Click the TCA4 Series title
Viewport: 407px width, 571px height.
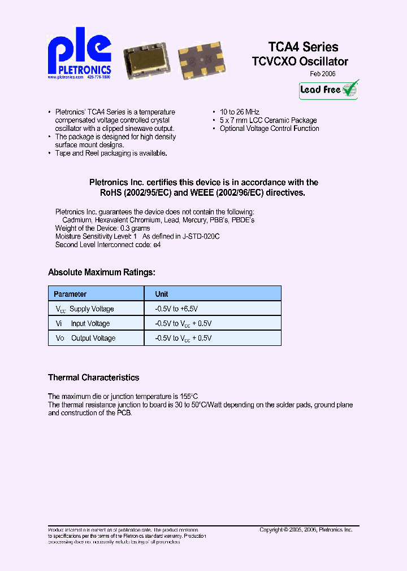[303, 47]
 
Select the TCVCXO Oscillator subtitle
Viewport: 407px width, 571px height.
[300, 62]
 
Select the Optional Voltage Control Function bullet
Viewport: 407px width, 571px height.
[269, 129]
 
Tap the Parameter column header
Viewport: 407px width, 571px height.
[70, 294]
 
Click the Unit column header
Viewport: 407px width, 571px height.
[162, 294]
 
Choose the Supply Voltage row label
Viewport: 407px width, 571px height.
[91, 309]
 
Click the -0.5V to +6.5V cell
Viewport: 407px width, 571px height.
[176, 309]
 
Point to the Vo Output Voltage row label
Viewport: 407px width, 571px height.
[85, 338]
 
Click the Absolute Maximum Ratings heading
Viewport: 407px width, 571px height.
[101, 273]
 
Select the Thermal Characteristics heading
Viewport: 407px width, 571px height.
[93, 377]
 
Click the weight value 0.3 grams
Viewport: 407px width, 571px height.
[136, 228]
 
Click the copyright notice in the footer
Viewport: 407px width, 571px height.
[306, 530]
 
